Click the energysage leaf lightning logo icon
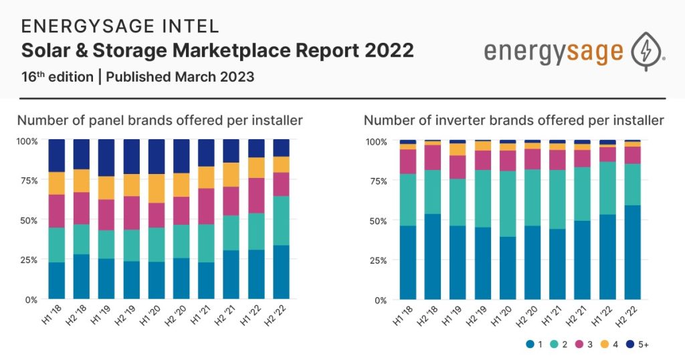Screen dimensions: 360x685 (647, 51)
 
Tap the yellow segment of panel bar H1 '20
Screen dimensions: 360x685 (157, 188)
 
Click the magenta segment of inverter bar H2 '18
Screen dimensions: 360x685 (431, 157)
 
